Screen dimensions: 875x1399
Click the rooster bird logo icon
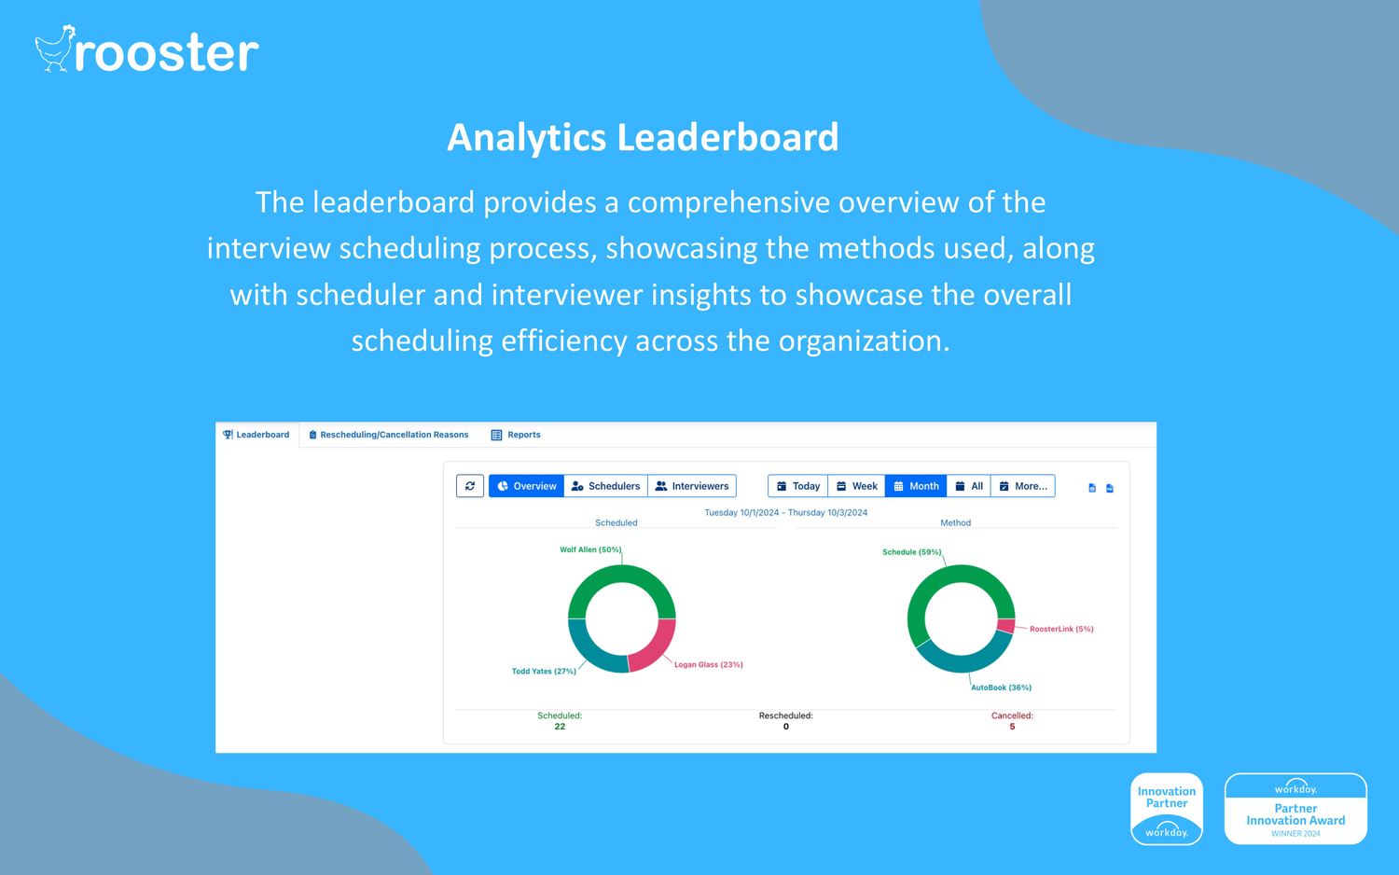[x=54, y=49]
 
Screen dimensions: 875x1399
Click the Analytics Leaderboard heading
[x=643, y=137]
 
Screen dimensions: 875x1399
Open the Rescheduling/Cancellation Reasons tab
[x=389, y=435]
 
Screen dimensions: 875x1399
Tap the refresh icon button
[x=470, y=486]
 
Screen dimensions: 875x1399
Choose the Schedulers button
[x=605, y=486]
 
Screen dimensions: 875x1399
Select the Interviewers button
[x=692, y=486]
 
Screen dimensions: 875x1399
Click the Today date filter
[x=798, y=486]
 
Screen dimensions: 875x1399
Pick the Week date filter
[x=856, y=486]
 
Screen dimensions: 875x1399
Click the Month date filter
[x=916, y=486]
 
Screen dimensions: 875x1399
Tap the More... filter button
[x=1022, y=486]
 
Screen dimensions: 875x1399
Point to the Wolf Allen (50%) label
[x=590, y=549]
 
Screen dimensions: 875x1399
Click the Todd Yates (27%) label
[x=544, y=672]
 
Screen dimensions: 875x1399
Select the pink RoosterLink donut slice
[x=1005, y=626]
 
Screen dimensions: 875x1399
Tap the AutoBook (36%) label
[x=1001, y=687]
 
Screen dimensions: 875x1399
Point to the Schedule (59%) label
[x=912, y=552]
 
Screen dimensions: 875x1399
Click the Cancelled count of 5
[x=1012, y=727]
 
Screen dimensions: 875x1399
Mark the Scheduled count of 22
[x=560, y=727]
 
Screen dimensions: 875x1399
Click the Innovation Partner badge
[x=1167, y=809]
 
